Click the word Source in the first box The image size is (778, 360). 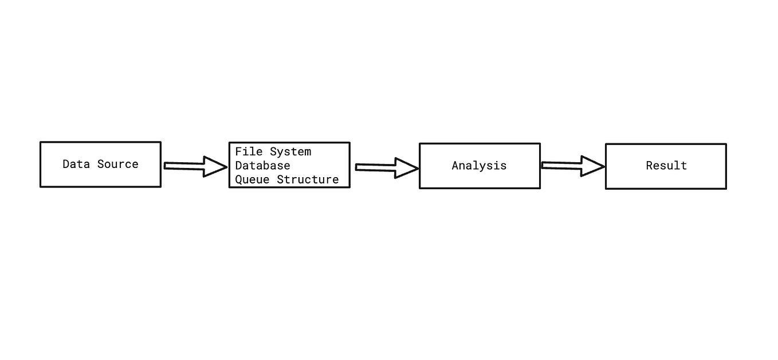[117, 164]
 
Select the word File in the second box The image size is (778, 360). [249, 152]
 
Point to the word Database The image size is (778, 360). [262, 166]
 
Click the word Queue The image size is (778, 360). [252, 179]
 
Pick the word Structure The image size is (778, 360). [308, 179]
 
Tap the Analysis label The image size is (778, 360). [479, 166]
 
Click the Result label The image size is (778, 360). [666, 166]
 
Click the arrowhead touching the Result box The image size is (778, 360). [592, 166]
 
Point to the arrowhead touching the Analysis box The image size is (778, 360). [406, 169]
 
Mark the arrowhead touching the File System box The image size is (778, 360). [215, 167]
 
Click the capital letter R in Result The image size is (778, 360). [649, 166]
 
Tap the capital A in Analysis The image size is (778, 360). [455, 166]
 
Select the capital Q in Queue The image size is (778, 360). [238, 179]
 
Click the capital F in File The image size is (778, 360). [238, 152]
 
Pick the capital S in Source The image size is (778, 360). [100, 164]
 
